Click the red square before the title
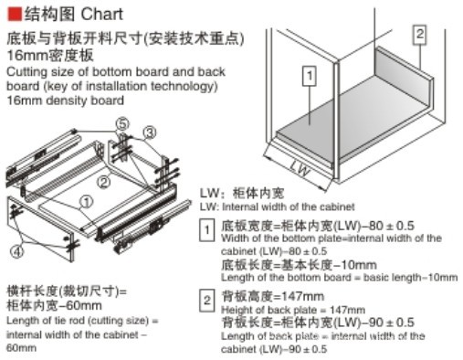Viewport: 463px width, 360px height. coord(14,14)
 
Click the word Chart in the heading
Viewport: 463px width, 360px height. coord(102,14)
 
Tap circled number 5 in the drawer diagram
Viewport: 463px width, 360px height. coord(122,124)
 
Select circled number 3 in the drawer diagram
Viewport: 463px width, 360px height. coord(150,132)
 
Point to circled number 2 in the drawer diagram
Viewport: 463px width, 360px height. coord(104,183)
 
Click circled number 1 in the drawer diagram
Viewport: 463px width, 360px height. coord(87,202)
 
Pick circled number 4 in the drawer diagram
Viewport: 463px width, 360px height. coord(17,251)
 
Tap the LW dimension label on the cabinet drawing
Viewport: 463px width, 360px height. coord(300,168)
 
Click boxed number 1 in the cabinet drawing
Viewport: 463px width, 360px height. coord(310,76)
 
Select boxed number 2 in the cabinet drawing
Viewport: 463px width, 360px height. coord(419,35)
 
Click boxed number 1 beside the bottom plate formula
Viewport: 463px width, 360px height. coord(207,230)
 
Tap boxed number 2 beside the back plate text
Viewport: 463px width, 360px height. coord(207,301)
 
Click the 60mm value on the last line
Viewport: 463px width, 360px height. coord(21,348)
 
